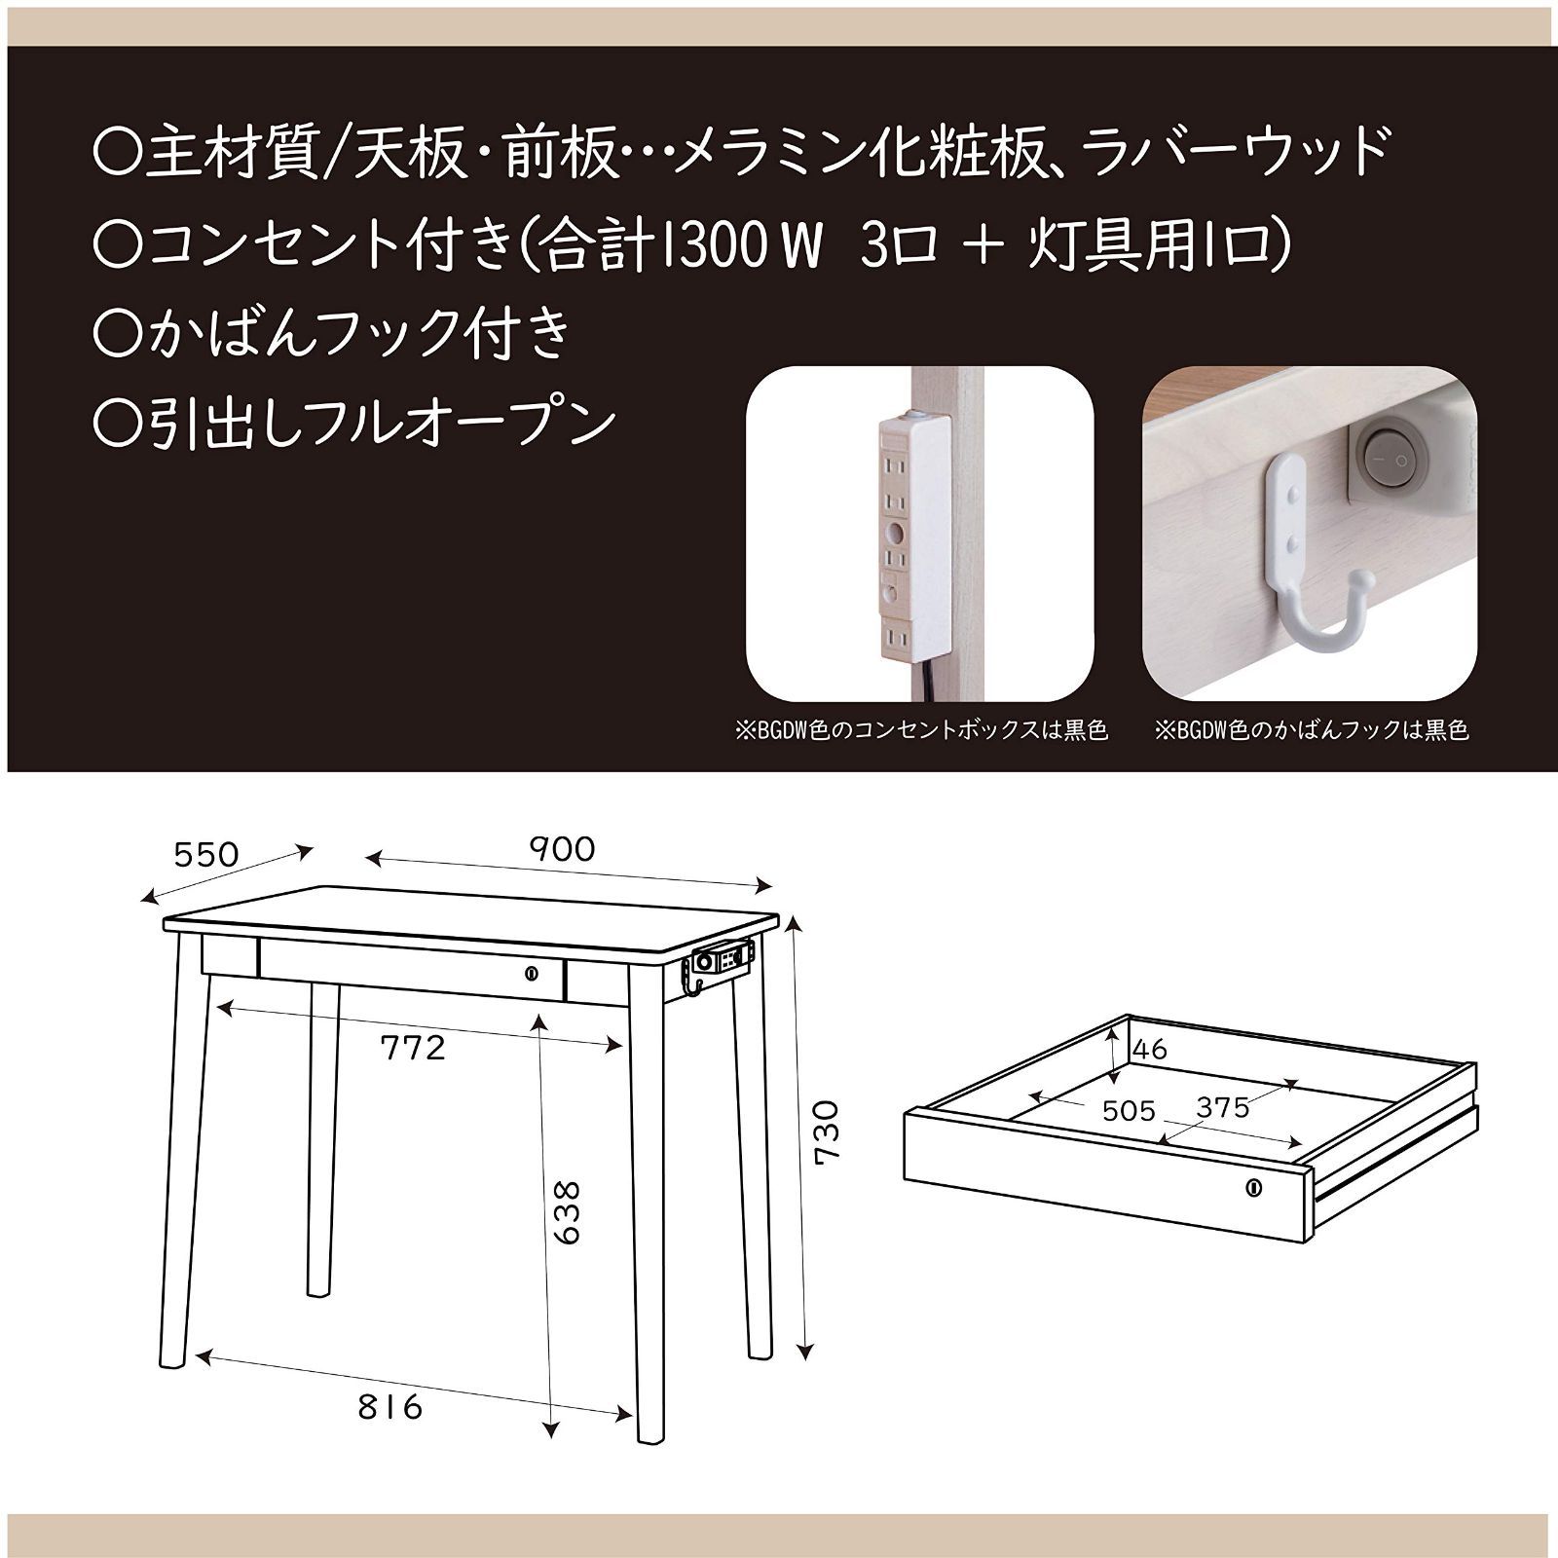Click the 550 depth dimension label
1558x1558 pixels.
[205, 855]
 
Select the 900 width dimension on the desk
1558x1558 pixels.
[562, 849]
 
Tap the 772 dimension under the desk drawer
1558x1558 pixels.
[413, 1047]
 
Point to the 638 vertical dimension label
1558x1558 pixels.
[565, 1212]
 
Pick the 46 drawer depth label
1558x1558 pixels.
[1150, 1050]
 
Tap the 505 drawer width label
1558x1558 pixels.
[1129, 1111]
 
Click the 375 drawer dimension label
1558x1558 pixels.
[1222, 1108]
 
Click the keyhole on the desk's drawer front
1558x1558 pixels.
[532, 972]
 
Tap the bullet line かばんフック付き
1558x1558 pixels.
[331, 333]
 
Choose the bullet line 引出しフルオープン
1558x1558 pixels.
[354, 422]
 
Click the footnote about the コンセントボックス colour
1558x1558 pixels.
[921, 730]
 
